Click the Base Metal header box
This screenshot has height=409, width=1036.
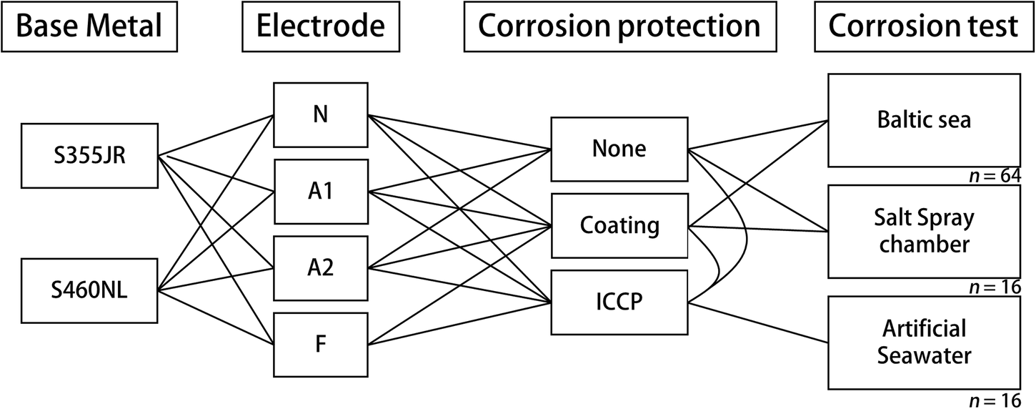(x=89, y=26)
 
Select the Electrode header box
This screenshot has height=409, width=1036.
(x=320, y=26)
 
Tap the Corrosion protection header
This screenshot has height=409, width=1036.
(x=620, y=26)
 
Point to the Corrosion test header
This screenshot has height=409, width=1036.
(x=924, y=26)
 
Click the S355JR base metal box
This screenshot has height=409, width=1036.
(x=89, y=155)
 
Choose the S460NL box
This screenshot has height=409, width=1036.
(x=89, y=291)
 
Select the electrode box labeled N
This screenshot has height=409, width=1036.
(x=320, y=114)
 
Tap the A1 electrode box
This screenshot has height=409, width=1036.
(x=320, y=192)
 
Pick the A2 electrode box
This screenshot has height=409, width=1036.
(x=320, y=268)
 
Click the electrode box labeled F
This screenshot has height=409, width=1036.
(x=320, y=345)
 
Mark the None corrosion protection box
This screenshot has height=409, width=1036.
(x=619, y=149)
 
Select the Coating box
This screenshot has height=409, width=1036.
(x=619, y=225)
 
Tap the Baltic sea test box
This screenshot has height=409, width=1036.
(x=924, y=119)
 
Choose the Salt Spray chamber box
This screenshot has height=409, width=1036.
(x=924, y=231)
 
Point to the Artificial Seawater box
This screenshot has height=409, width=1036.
(x=924, y=341)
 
